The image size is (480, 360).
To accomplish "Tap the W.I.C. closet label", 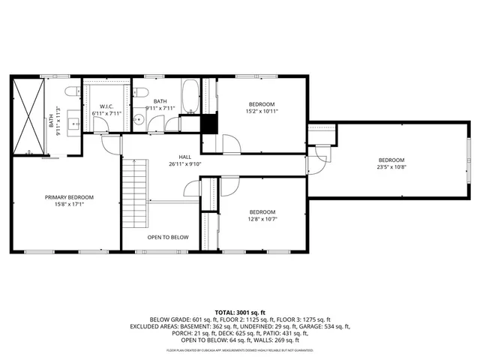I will pyautogui.click(x=106, y=106).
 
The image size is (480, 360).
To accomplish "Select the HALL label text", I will pyautogui.click(x=174, y=157).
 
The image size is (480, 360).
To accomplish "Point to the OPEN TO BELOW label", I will pyautogui.click(x=167, y=238).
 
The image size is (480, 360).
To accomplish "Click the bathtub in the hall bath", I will pyautogui.click(x=191, y=96).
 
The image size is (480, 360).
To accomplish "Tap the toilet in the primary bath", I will pyautogui.click(x=72, y=91).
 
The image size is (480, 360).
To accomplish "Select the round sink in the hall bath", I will pyautogui.click(x=139, y=120).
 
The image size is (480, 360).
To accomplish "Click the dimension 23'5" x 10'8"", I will pyautogui.click(x=391, y=167).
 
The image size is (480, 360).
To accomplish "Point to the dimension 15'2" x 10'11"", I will pyautogui.click(x=262, y=111).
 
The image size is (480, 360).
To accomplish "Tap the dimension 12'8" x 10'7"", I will pyautogui.click(x=262, y=219).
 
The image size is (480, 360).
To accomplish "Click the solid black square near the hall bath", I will pyautogui.click(x=209, y=124).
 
